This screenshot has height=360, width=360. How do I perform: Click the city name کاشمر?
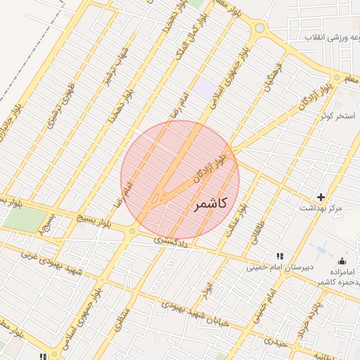[x=209, y=204]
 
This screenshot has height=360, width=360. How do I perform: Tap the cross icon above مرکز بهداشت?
[x=321, y=198]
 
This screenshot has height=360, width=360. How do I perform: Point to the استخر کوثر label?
[x=337, y=115]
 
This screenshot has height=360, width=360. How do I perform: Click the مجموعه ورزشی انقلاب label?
[x=317, y=35]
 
